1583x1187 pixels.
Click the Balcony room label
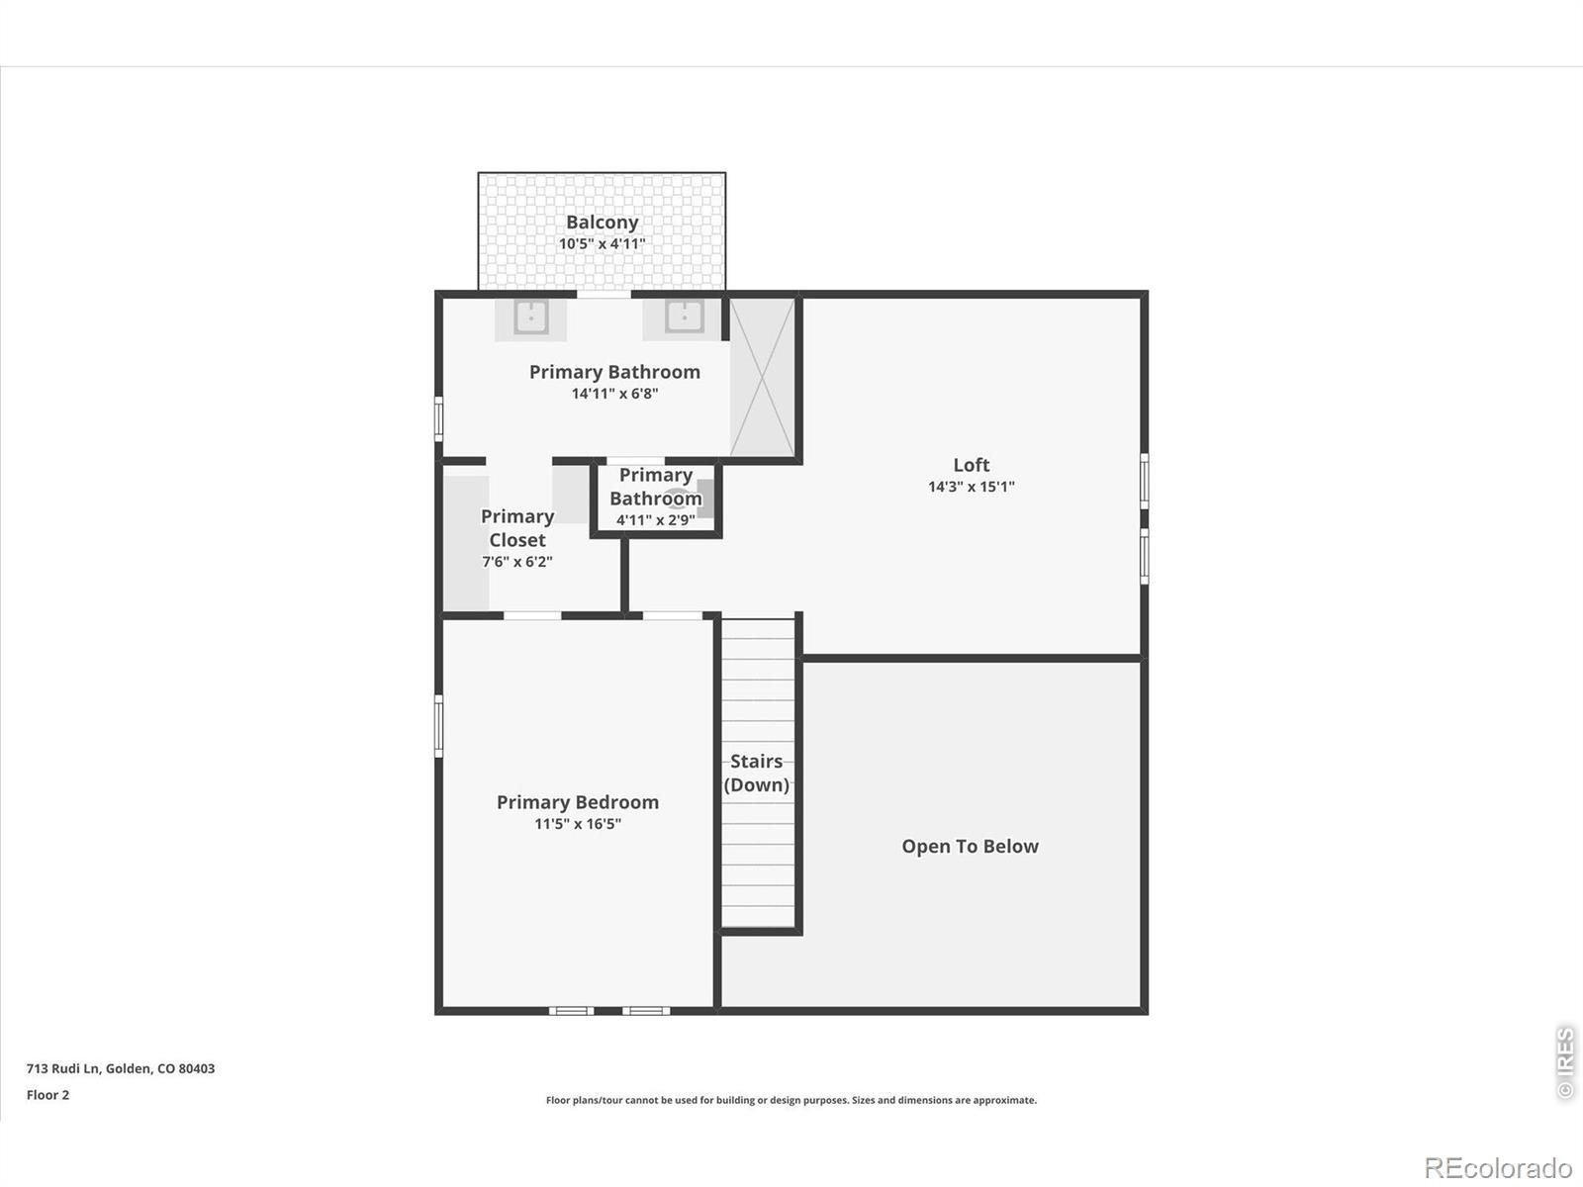click(x=603, y=222)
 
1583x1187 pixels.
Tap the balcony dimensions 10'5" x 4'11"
click(x=603, y=243)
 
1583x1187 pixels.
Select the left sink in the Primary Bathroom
click(x=530, y=318)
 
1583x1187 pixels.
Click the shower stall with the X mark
click(x=762, y=377)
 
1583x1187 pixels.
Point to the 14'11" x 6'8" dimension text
click(x=614, y=394)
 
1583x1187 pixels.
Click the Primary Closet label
click(x=517, y=528)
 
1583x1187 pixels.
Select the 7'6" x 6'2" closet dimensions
click(x=517, y=562)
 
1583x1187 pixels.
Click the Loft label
click(x=972, y=465)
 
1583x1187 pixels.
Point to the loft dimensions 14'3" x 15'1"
click(x=972, y=487)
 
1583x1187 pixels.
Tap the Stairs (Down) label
click(x=757, y=773)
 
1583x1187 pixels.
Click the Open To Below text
click(x=970, y=846)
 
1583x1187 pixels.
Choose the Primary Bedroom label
click(x=578, y=802)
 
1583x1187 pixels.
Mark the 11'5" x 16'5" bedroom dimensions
click(x=578, y=824)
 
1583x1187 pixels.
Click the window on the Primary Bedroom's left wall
click(x=438, y=726)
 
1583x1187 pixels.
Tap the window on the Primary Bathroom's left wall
click(x=438, y=418)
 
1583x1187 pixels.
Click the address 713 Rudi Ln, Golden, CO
click(x=121, y=1068)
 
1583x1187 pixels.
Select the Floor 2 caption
click(x=47, y=1095)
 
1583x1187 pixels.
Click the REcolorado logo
click(x=1498, y=1167)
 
